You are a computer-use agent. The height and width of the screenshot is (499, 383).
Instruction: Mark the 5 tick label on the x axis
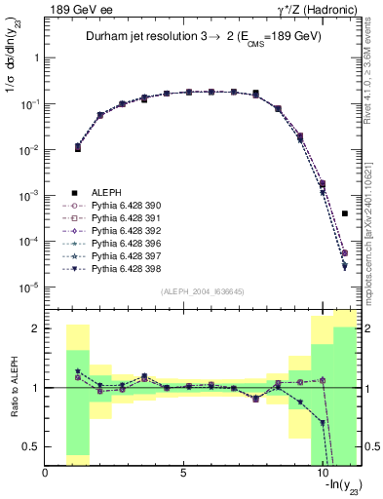pos(183,473)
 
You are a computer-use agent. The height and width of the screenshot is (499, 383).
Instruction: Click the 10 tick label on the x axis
pos(323,473)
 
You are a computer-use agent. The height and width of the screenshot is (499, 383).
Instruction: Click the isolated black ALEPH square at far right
pos(345,213)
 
